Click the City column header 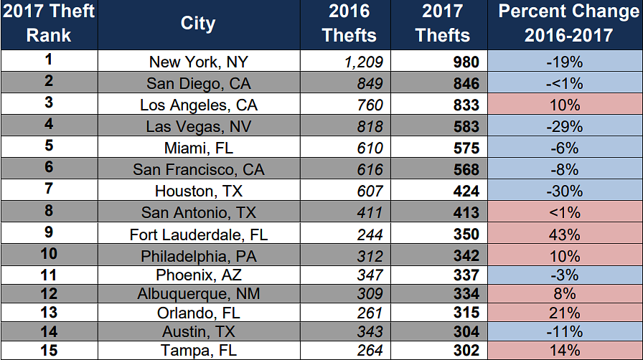tap(198, 24)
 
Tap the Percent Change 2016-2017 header tap(564, 24)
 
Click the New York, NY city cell tap(198, 62)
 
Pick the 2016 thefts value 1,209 tap(364, 62)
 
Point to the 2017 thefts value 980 tap(466, 62)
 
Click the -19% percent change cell tap(564, 62)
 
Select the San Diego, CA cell tap(198, 84)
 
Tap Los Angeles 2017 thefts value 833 tap(466, 105)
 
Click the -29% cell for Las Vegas tap(564, 127)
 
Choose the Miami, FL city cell tap(198, 148)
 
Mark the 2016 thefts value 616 tap(370, 170)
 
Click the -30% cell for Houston tap(564, 191)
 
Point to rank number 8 tap(49, 212)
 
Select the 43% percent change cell tap(564, 235)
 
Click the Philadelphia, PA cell tap(198, 256)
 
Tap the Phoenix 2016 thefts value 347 tap(370, 275)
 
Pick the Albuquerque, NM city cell tap(198, 294)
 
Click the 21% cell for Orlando tap(564, 313)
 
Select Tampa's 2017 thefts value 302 tap(466, 351)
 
